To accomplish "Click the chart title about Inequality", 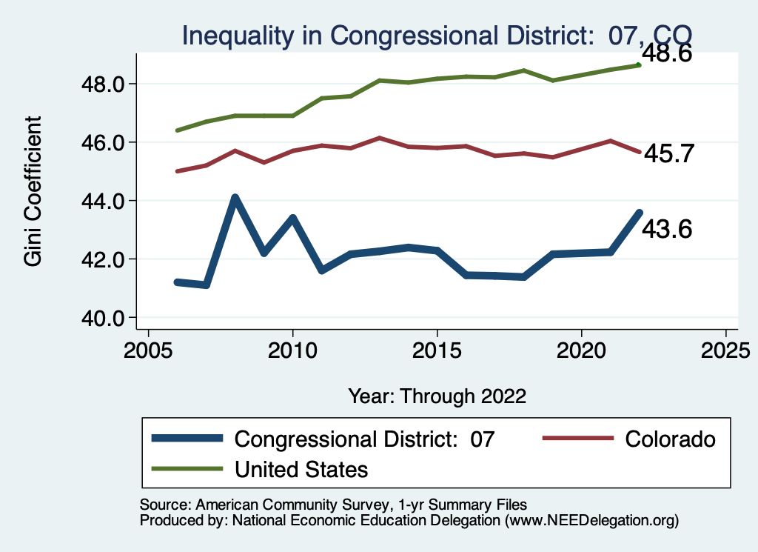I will click(x=437, y=35).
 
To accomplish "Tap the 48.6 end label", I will click(x=666, y=53).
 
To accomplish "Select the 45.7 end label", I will click(x=666, y=153).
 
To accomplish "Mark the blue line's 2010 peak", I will click(x=292, y=218).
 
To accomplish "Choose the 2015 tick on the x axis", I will click(x=437, y=349).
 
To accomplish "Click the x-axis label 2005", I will click(x=148, y=349).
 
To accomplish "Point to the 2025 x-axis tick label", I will click(x=725, y=349).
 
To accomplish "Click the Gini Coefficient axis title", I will click(x=33, y=191).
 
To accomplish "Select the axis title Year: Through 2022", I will click(x=437, y=396).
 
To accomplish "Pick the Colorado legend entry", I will click(x=670, y=439).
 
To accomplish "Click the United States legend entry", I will click(x=301, y=469).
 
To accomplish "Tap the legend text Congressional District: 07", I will click(x=363, y=439).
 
